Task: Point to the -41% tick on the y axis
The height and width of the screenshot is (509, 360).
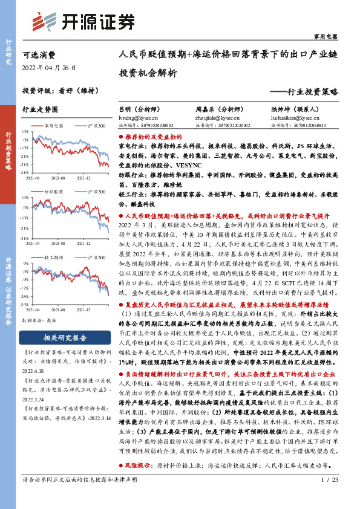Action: click(24, 172)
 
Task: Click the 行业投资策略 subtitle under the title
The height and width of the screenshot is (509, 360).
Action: click(305, 92)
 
